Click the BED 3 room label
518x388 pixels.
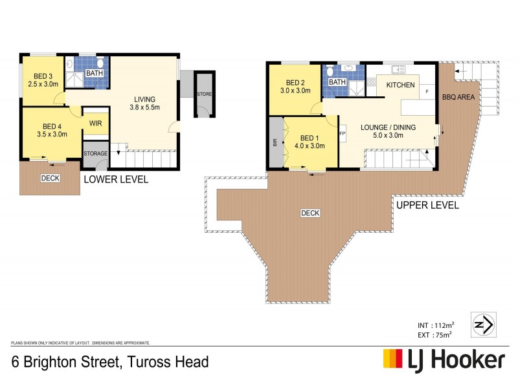(43, 80)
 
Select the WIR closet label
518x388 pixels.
(95, 123)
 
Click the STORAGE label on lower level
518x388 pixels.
(95, 153)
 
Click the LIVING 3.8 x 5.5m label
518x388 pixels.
(144, 103)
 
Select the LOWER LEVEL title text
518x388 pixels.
(115, 179)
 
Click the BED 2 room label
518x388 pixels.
(295, 87)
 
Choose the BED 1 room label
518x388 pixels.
(309, 141)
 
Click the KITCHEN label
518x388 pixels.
(400, 85)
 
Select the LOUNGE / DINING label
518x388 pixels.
(384, 131)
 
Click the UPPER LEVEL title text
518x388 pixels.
(427, 205)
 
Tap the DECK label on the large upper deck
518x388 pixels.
(310, 213)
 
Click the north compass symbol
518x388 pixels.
(485, 324)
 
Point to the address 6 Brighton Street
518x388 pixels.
(109, 361)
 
